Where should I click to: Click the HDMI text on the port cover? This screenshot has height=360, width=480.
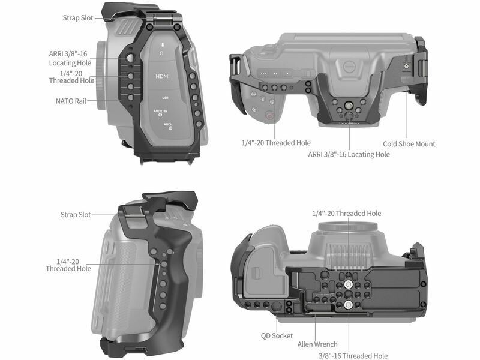point(163,76)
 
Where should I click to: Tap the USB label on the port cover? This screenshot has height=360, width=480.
point(164,97)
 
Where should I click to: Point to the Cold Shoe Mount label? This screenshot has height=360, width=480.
point(409,144)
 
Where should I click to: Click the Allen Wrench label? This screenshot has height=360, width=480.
point(317,344)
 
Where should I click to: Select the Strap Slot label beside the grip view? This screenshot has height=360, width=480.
point(76,214)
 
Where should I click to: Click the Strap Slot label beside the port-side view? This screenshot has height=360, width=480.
point(79,18)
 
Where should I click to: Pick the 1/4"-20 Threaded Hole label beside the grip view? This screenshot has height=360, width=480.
point(68,265)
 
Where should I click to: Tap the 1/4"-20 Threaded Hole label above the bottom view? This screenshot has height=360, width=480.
point(346,214)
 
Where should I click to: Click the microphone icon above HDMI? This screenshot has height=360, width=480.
point(161,44)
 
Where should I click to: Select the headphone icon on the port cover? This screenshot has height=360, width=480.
point(161,53)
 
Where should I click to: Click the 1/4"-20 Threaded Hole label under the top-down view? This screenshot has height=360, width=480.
point(276,143)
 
